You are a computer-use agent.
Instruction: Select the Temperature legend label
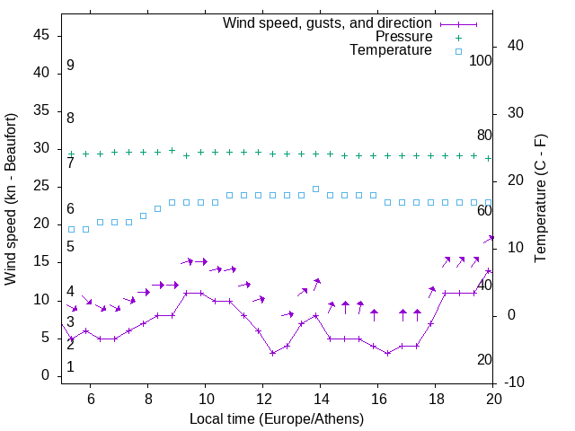[391, 50]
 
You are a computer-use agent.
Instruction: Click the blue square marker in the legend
[458, 51]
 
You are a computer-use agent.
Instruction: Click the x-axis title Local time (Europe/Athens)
[278, 418]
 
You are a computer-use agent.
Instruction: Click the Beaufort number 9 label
[70, 66]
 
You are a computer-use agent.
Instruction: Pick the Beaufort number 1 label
[70, 367]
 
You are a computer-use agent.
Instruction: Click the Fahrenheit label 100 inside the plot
[481, 60]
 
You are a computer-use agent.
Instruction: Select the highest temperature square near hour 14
[316, 189]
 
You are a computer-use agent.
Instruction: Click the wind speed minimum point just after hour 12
[273, 353]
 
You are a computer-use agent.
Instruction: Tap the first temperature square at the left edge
[72, 229]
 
